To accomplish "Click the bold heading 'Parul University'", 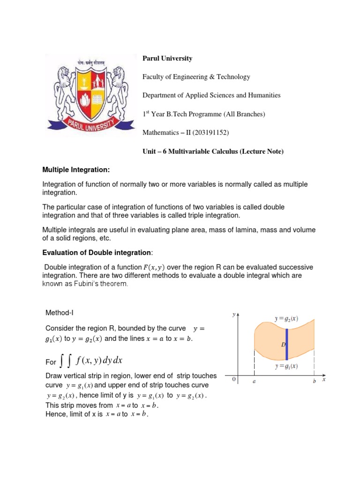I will pos(167,59).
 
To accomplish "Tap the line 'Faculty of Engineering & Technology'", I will pos(196,77).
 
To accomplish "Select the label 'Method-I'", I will pos(60,313).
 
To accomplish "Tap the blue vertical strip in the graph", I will pos(286,344).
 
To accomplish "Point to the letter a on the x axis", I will pos(254,382).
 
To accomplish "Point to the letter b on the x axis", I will pos(315,382).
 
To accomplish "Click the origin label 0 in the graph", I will pos(234,380).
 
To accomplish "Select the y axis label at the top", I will pos(233,315).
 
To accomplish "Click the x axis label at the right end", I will pos(323,380).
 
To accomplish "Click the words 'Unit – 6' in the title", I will pos(154,151).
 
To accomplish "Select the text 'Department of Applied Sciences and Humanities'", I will pos(211,95).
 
